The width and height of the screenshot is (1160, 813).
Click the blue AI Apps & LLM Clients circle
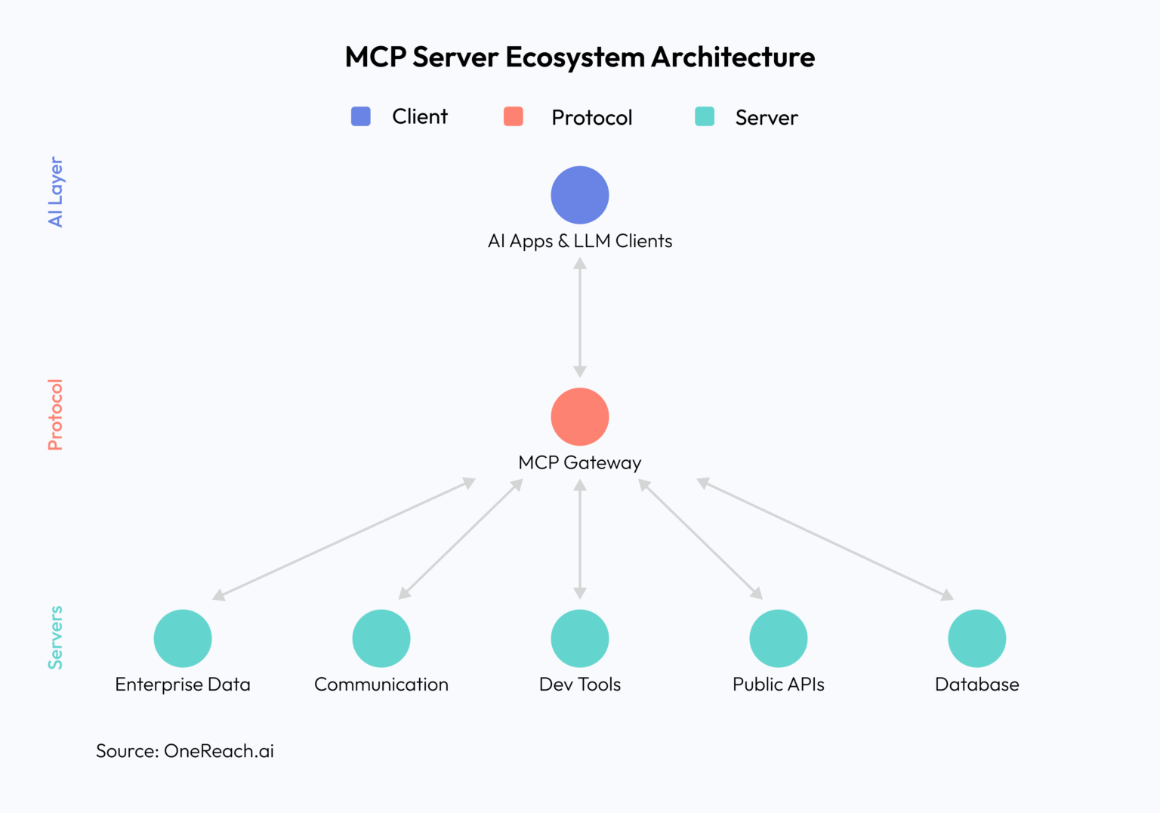pyautogui.click(x=580, y=195)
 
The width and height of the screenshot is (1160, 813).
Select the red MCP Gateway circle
pyautogui.click(x=580, y=417)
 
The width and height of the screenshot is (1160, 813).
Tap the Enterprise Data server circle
pyautogui.click(x=183, y=638)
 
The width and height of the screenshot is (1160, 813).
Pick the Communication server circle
pyautogui.click(x=381, y=638)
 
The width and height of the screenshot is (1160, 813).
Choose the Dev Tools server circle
pyautogui.click(x=580, y=638)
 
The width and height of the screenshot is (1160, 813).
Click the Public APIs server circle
pyautogui.click(x=779, y=638)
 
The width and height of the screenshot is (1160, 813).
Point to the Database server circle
pyautogui.click(x=977, y=638)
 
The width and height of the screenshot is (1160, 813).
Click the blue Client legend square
pyautogui.click(x=361, y=116)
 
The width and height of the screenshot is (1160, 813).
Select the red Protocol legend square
pyautogui.click(x=514, y=116)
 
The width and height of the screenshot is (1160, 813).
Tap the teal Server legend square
pyautogui.click(x=705, y=116)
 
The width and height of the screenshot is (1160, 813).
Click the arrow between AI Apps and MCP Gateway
pyautogui.click(x=580, y=317)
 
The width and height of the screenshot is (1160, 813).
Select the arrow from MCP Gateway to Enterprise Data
pyautogui.click(x=344, y=539)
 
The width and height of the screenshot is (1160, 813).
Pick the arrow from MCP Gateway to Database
pyautogui.click(x=825, y=539)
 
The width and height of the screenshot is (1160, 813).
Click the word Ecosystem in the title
pyautogui.click(x=575, y=57)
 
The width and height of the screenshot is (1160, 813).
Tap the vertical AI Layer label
pyautogui.click(x=56, y=192)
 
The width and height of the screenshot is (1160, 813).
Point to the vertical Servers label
pyautogui.click(x=56, y=638)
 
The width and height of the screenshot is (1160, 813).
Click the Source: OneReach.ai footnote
pyautogui.click(x=185, y=751)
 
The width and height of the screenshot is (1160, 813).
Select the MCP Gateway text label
pyautogui.click(x=580, y=462)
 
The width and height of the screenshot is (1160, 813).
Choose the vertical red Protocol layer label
pyautogui.click(x=56, y=415)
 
